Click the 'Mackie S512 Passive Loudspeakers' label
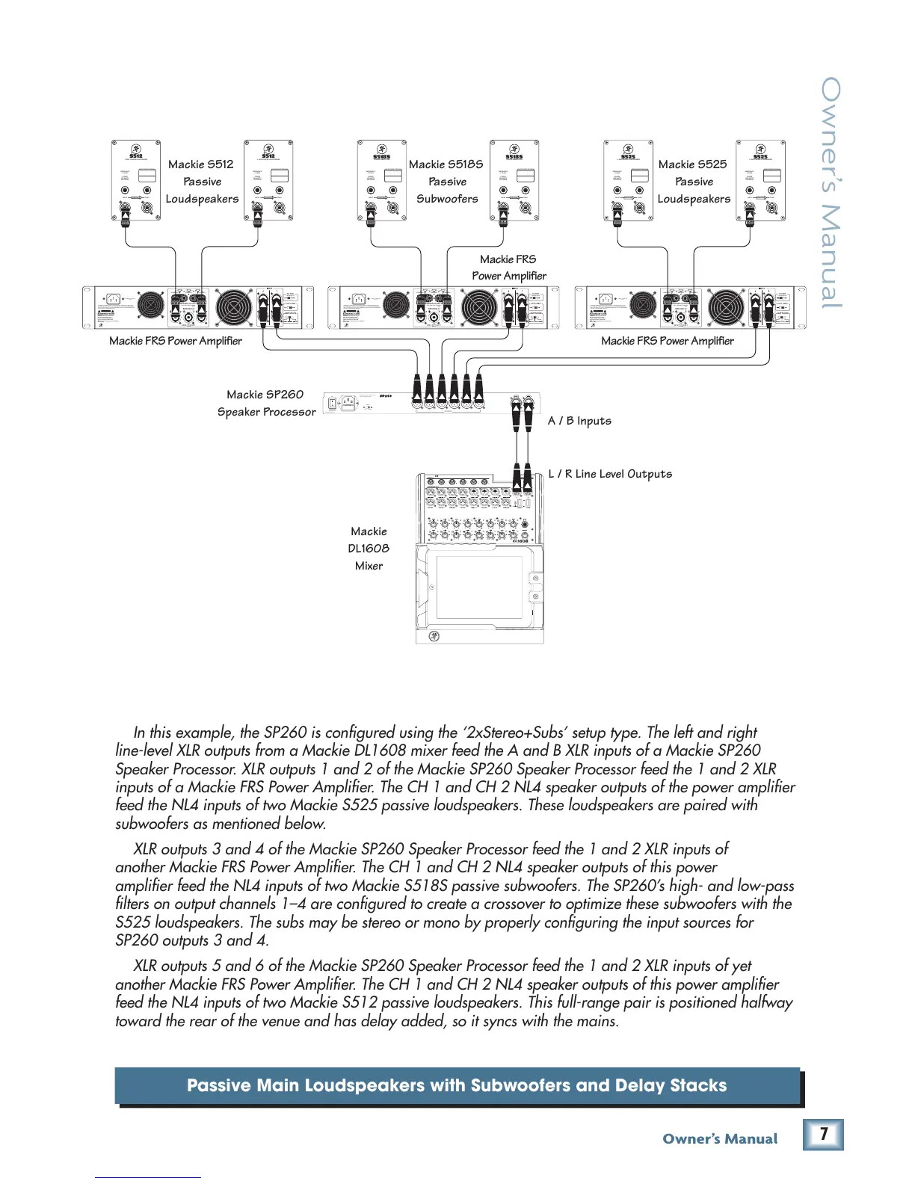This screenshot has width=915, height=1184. [202, 182]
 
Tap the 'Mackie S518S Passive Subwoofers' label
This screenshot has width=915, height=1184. [446, 182]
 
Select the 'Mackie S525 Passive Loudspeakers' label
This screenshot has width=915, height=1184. [693, 182]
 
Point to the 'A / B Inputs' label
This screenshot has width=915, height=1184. [579, 421]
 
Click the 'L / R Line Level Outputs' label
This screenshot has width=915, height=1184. [610, 474]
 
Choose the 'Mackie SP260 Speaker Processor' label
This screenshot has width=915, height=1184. [266, 403]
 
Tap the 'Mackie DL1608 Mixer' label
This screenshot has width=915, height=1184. [369, 549]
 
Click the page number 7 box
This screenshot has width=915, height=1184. [823, 1134]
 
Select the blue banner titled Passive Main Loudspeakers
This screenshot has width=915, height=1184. [457, 1085]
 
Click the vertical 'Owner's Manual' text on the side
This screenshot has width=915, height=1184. [831, 193]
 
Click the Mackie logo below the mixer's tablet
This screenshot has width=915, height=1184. [434, 636]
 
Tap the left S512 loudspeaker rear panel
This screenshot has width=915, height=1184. [136, 180]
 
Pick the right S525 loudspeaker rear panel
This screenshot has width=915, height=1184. [760, 180]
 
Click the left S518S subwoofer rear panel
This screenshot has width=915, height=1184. [382, 180]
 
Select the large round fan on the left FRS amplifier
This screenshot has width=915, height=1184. [234, 307]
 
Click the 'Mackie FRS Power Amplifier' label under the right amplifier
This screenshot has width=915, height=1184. [668, 341]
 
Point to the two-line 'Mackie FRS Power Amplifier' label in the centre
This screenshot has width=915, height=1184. [509, 268]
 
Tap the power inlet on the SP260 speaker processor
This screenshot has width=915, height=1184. [348, 404]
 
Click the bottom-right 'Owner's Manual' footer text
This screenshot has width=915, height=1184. [720, 1139]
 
